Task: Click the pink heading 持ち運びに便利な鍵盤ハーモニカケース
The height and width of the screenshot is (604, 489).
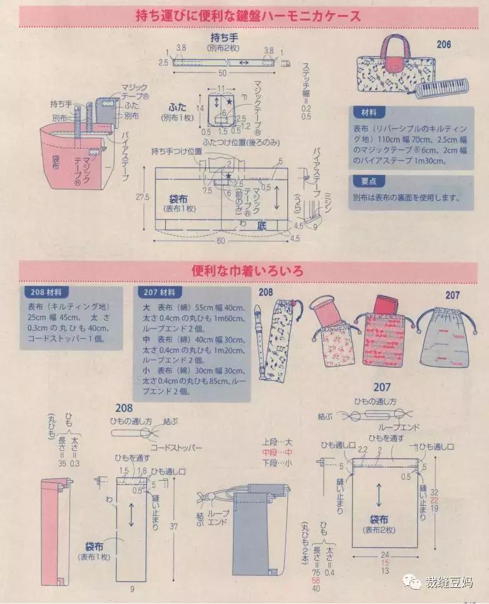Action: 249,16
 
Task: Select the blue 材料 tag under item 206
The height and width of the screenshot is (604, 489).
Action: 369,113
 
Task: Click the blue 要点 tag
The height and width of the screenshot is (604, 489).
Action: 369,181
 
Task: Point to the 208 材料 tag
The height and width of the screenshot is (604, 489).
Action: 47,293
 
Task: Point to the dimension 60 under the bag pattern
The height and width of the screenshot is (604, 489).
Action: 220,240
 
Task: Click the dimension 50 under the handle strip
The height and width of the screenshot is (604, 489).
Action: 223,73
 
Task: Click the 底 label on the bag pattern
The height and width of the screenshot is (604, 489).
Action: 262,226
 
